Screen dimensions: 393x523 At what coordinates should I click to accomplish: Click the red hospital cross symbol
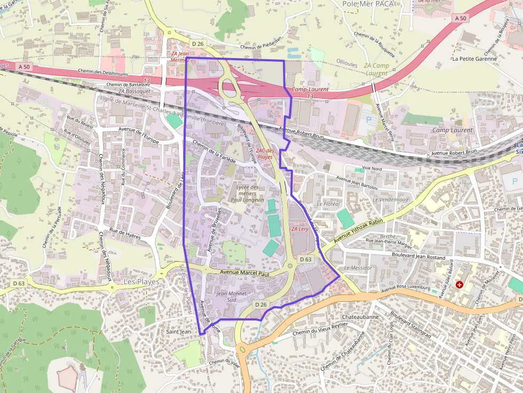tap(459, 285)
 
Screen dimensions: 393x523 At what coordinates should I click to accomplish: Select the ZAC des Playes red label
tap(265, 154)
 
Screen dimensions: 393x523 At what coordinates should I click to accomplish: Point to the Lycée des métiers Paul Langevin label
tap(247, 193)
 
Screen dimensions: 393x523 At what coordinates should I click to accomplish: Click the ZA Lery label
tap(300, 229)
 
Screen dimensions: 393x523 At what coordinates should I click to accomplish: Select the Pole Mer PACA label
tap(367, 4)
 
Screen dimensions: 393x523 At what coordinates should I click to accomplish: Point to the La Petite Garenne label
tap(474, 59)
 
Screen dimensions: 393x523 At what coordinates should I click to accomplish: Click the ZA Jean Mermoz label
tap(180, 57)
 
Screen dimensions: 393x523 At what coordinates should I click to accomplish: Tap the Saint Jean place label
tap(178, 332)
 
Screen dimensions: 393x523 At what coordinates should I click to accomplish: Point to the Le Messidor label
tap(358, 268)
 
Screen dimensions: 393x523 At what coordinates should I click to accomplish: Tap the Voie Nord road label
tap(372, 168)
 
